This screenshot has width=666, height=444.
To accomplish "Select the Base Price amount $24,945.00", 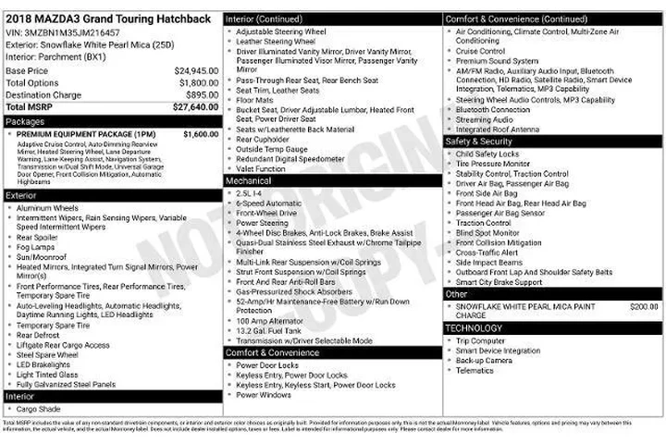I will pyautogui.click(x=196, y=70).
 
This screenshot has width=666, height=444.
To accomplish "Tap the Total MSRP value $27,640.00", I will pyautogui.click(x=195, y=107).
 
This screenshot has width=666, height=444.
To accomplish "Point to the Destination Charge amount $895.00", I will pyautogui.click(x=202, y=94).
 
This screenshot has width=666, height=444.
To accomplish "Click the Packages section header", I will pyautogui.click(x=25, y=121).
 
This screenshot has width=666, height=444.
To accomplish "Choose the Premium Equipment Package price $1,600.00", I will pyautogui.click(x=201, y=134).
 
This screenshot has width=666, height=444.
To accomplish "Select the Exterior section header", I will pyautogui.click(x=21, y=196).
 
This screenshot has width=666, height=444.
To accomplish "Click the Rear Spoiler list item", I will pyautogui.click(x=38, y=237).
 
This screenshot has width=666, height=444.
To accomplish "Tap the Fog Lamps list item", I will pyautogui.click(x=36, y=247).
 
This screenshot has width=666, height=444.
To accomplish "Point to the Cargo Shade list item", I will pyautogui.click(x=39, y=409).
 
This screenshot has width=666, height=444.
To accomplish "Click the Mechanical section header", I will pyautogui.click(x=248, y=181).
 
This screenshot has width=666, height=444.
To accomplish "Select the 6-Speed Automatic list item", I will pyautogui.click(x=268, y=203).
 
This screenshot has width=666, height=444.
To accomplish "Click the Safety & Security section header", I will pyautogui.click(x=482, y=142).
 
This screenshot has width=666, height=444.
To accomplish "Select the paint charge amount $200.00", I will pyautogui.click(x=644, y=305).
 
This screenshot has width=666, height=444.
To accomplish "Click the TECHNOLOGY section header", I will pyautogui.click(x=474, y=328).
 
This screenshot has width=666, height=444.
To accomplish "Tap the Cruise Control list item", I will pyautogui.click(x=480, y=51).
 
